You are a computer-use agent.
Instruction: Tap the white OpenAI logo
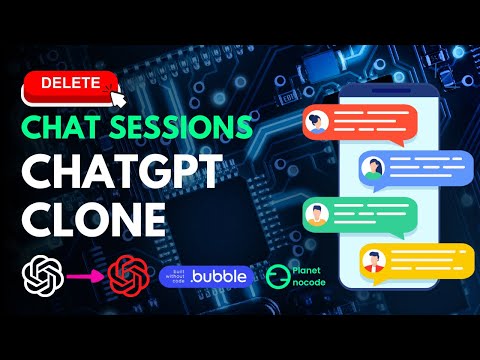[43, 274]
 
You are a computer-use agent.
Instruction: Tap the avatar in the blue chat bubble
[373, 169]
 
